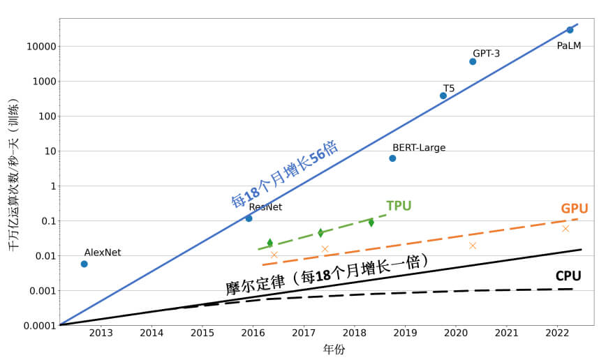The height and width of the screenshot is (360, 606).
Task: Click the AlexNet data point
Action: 84,264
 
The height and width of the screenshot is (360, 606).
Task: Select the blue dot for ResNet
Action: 249,218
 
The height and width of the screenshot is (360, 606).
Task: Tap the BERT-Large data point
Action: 392,158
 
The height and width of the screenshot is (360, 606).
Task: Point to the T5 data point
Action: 443,96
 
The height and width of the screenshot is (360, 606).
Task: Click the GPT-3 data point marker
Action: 473,61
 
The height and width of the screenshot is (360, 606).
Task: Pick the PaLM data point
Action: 570,30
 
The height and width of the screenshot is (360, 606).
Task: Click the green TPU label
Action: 399,206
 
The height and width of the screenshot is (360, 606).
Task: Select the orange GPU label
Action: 574,209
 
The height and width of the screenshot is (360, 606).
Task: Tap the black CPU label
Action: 568,276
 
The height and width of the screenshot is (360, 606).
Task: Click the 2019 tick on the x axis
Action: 406,333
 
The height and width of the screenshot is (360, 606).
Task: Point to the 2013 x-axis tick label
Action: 101,333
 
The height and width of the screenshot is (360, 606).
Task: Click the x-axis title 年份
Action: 334,350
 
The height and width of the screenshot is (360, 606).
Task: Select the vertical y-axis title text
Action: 14,174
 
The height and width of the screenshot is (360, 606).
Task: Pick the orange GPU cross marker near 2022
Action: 566,228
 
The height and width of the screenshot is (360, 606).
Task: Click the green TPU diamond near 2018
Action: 371,223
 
